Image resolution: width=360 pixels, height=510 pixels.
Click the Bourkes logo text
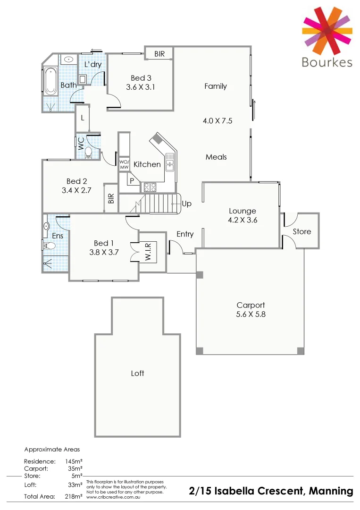click(x=327, y=62)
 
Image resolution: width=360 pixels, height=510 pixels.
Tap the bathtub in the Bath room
click(x=50, y=80)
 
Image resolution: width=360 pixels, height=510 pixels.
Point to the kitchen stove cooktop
click(x=150, y=187)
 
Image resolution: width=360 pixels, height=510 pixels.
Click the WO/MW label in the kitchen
click(x=124, y=164)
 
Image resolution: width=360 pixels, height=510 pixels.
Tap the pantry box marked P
click(x=132, y=180)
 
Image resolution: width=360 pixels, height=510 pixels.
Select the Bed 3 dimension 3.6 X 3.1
click(x=141, y=87)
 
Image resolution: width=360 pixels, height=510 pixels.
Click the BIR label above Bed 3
click(x=159, y=54)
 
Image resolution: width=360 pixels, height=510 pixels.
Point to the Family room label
click(x=216, y=86)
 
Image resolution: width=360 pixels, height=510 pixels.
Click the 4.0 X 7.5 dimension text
click(x=218, y=121)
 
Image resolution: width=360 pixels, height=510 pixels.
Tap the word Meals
click(x=216, y=157)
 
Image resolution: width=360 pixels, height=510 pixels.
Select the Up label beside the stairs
click(x=186, y=204)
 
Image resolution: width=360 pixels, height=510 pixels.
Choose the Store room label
click(x=302, y=231)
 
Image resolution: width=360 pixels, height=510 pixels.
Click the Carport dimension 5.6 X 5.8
click(x=251, y=314)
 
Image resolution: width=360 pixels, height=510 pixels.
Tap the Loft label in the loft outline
click(x=137, y=373)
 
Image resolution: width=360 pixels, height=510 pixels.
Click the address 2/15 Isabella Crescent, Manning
click(x=271, y=491)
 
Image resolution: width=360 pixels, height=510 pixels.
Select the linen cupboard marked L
click(x=83, y=118)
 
